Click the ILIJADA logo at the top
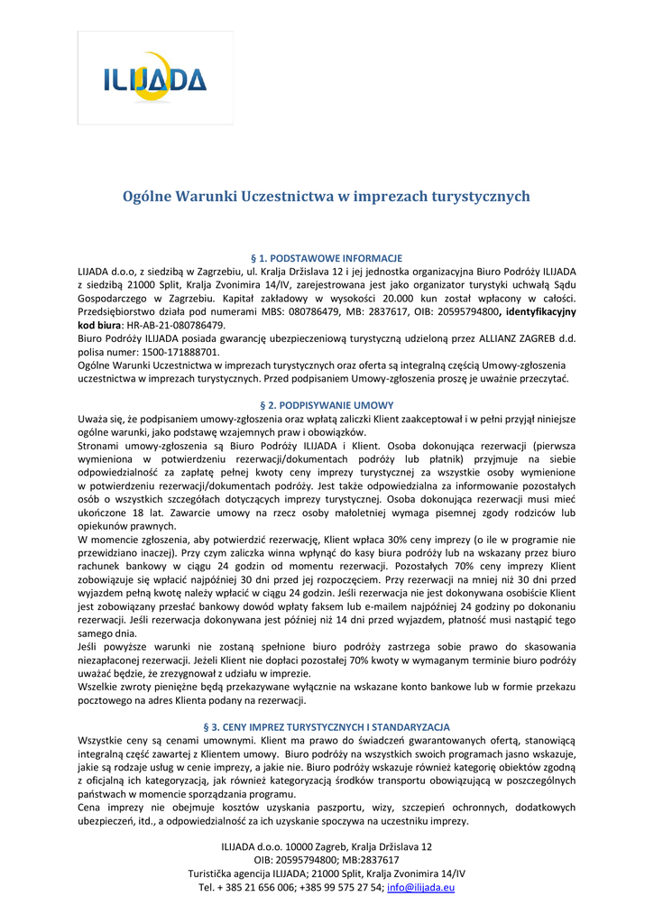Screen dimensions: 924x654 155,80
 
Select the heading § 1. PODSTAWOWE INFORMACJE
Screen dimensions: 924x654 327,258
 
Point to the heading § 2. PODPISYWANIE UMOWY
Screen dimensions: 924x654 327,405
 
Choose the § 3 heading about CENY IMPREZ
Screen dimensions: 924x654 327,727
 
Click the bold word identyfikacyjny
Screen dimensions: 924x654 538,310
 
